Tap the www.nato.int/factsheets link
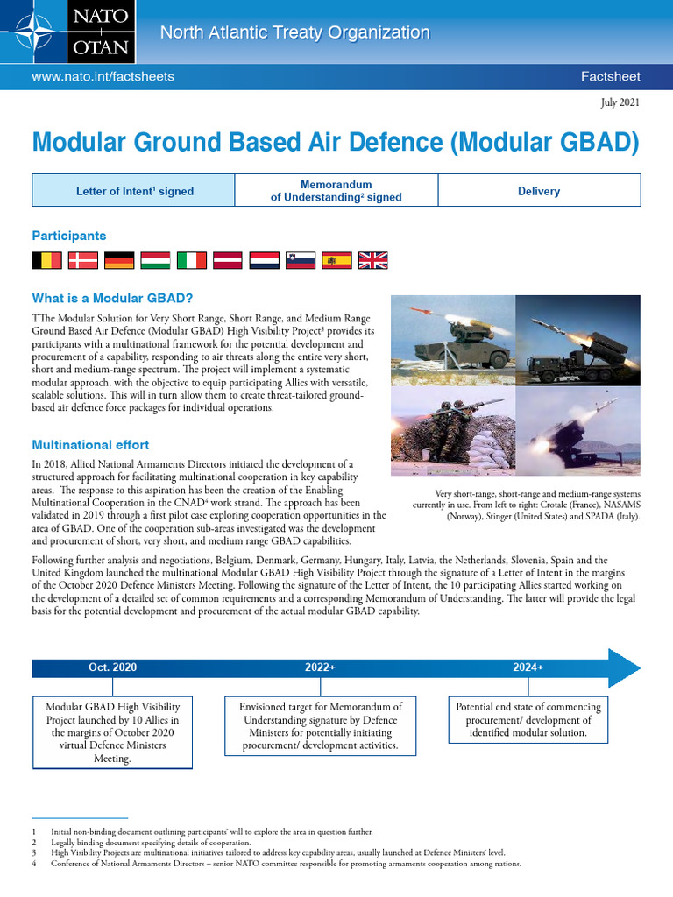click(103, 77)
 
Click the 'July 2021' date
click(620, 102)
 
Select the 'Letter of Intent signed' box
click(134, 191)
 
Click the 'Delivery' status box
click(539, 191)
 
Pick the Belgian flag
click(46, 260)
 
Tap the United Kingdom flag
click(372, 260)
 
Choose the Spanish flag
click(336, 260)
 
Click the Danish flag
click(83, 260)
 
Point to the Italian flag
click(192, 260)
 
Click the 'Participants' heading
click(69, 236)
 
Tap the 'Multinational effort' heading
click(90, 445)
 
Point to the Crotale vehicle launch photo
click(452, 340)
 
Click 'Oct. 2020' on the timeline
click(112, 667)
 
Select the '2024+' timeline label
click(528, 667)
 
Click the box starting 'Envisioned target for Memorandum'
click(320, 725)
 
